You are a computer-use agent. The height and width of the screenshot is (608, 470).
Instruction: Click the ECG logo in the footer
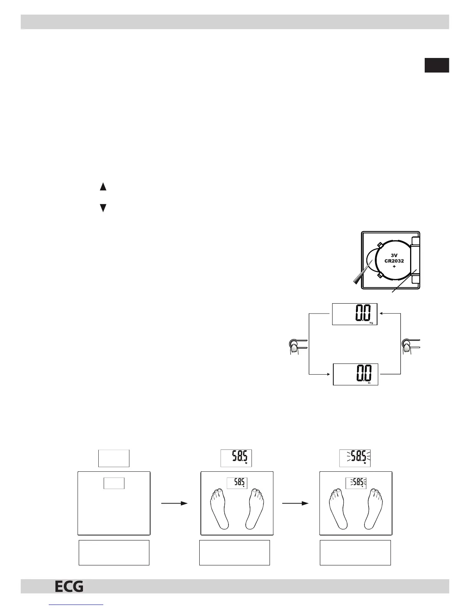(x=69, y=587)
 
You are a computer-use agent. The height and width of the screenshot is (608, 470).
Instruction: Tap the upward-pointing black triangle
(x=103, y=187)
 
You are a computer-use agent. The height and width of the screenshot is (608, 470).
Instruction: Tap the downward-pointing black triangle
(x=103, y=208)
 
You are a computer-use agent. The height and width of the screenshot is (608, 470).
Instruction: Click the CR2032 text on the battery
(x=394, y=261)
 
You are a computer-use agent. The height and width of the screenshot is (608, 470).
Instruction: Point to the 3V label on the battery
(x=394, y=255)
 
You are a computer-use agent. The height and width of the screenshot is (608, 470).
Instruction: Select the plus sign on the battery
(x=394, y=266)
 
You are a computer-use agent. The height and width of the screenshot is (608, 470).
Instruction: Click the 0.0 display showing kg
(x=354, y=314)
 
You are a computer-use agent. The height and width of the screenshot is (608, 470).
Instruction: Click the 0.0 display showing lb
(x=356, y=374)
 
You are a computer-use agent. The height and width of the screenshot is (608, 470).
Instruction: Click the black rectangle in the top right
(x=437, y=65)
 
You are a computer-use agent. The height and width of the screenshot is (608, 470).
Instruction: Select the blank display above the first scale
(x=114, y=458)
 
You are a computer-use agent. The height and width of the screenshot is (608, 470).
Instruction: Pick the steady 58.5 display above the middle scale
(x=236, y=458)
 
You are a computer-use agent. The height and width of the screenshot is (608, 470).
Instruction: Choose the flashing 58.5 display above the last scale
(x=355, y=458)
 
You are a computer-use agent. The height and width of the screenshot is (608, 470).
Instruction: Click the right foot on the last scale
(x=375, y=507)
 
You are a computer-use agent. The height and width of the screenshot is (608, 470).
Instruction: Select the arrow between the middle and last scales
(x=295, y=503)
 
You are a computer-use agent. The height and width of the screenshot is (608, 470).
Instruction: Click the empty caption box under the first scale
(x=114, y=552)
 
